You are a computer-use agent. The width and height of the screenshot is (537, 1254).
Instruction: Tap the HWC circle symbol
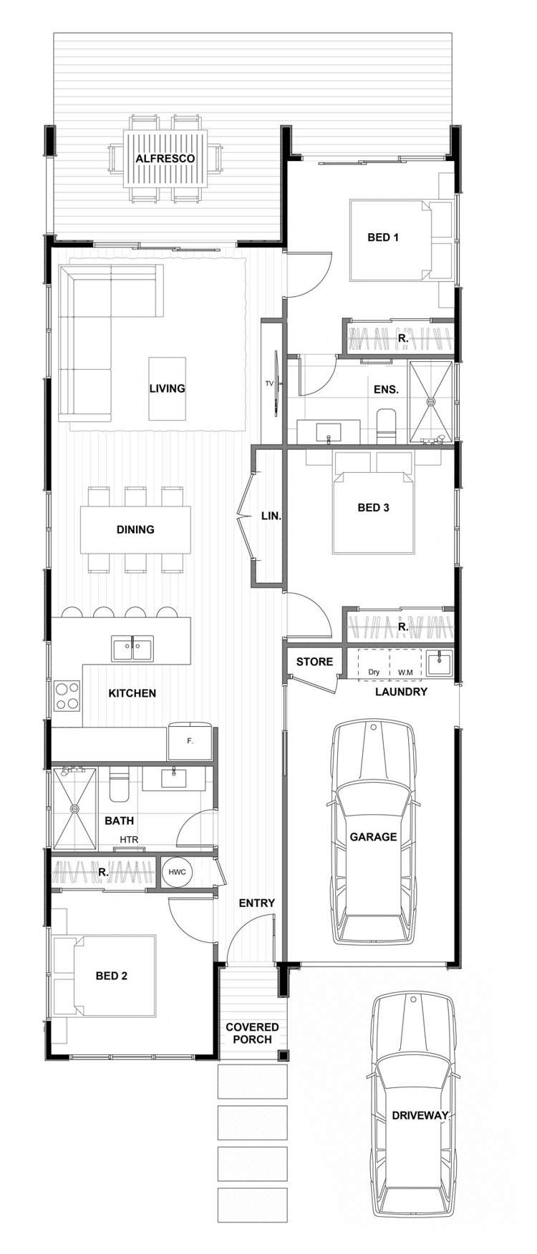177,872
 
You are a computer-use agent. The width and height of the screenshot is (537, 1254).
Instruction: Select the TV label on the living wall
269,383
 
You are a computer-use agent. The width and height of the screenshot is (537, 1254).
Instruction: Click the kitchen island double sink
132,648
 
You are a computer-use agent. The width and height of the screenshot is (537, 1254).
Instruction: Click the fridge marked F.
190,742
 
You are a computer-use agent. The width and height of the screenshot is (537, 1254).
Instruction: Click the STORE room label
314,662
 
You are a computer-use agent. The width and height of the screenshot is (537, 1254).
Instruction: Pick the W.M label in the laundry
405,672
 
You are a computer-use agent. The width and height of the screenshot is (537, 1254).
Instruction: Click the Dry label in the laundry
374,672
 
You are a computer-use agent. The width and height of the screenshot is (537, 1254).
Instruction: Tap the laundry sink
437,662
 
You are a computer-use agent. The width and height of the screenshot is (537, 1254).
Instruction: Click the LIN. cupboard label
271,515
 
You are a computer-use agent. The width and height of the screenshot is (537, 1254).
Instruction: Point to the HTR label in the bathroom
129,839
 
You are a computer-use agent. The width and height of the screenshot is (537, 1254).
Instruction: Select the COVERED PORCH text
252,1033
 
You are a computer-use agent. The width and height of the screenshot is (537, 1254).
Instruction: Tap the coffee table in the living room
167,388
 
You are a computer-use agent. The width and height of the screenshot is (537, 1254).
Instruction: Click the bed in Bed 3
373,511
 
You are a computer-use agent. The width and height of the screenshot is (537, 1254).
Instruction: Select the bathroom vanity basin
173,777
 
